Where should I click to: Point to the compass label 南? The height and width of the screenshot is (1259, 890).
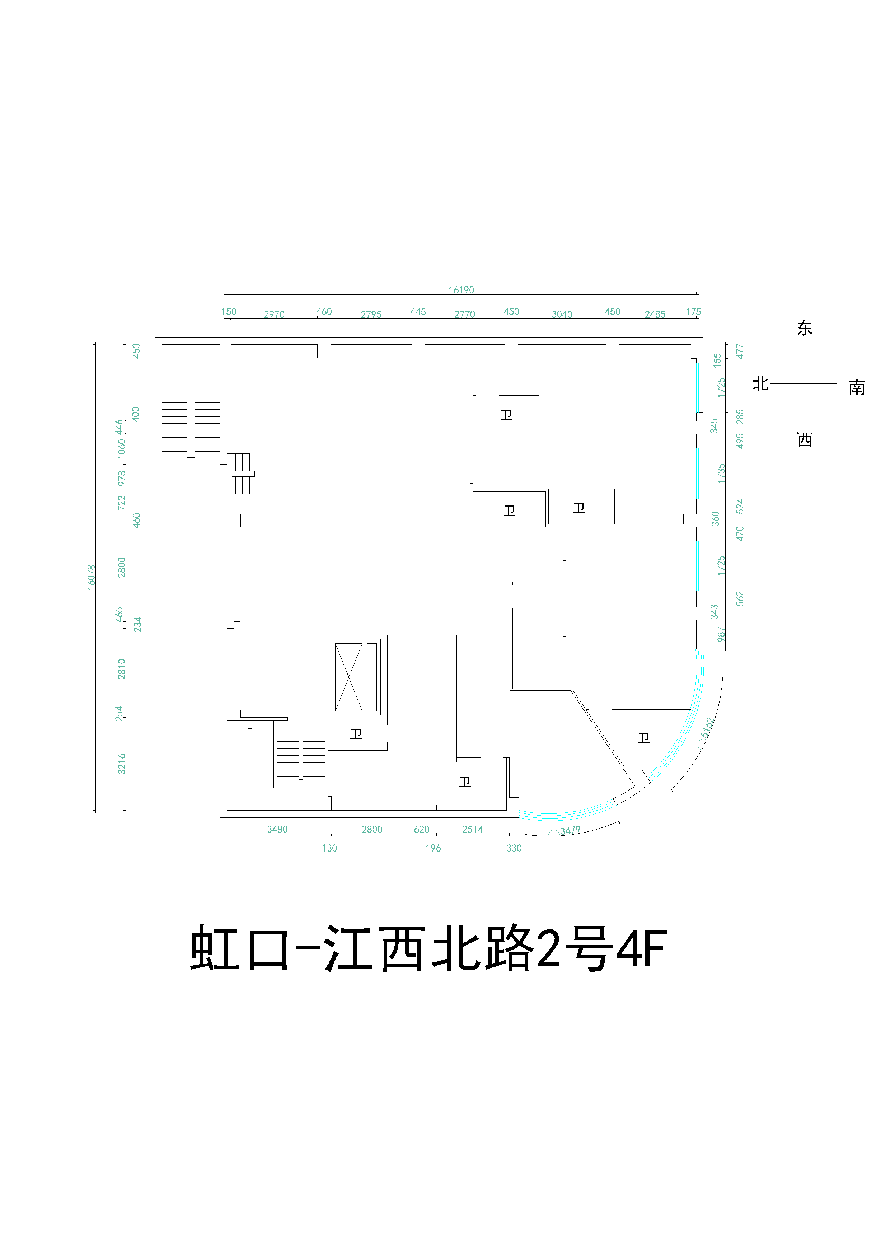857,388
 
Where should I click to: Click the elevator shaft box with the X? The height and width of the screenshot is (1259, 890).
348,677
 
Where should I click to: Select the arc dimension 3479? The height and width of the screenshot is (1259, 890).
570,830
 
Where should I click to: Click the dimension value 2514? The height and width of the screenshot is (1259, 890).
472,829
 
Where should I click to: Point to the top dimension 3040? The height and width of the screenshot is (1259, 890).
562,314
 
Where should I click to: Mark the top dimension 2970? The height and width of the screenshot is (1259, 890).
274,314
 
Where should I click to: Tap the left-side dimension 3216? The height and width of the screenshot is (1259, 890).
122,764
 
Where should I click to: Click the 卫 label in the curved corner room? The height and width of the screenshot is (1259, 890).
644,738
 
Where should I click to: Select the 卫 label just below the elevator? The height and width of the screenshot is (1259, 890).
356,734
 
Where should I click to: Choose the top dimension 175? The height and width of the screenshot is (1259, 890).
693,312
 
